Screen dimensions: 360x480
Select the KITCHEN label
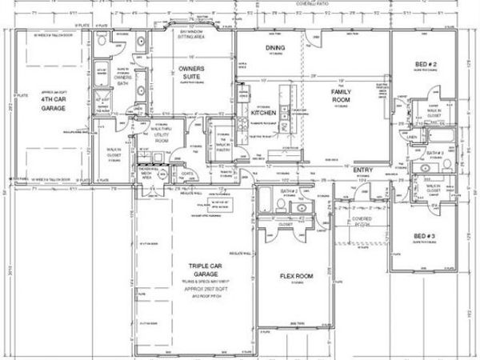point(264,114)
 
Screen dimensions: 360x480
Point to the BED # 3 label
point(424,236)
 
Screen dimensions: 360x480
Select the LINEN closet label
point(413,138)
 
